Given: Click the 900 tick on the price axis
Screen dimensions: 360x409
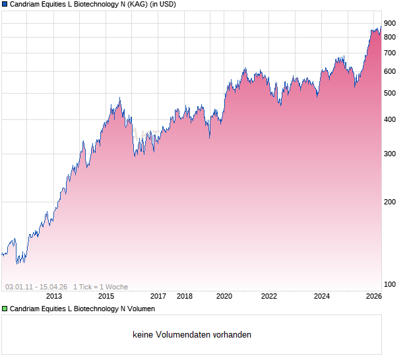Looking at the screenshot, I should [389, 23].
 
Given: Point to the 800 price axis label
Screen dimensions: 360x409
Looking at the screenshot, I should [389, 36].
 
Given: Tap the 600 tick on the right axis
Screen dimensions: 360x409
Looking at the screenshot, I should [389, 71].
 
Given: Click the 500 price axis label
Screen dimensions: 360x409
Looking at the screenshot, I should [389, 93].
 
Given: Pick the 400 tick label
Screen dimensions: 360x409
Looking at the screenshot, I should [389, 119].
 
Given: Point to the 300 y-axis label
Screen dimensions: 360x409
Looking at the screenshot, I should [389, 154].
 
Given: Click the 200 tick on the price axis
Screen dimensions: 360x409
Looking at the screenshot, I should [389, 202].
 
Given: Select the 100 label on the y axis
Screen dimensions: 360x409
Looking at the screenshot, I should [389, 284].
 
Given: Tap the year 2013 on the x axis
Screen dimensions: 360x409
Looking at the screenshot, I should [54, 296].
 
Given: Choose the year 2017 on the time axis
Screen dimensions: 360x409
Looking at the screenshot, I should [158, 296].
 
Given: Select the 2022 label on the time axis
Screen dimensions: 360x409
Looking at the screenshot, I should [268, 296].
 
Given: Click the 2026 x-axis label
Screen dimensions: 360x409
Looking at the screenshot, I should [374, 296].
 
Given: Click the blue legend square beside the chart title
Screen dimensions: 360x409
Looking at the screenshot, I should [5, 5].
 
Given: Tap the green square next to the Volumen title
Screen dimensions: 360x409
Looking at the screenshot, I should [5, 309].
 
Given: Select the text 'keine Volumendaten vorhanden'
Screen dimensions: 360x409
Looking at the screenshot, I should [192, 335].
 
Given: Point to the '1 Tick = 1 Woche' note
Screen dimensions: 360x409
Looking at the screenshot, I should [100, 287].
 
